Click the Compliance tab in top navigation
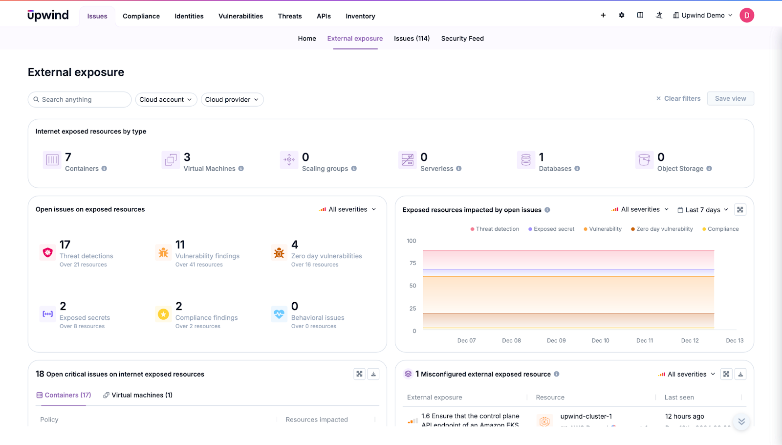click(x=141, y=16)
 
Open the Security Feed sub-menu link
click(x=462, y=39)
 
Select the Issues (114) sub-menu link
click(x=412, y=39)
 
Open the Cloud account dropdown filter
click(x=166, y=100)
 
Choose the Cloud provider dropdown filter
click(x=232, y=100)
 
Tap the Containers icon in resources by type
click(x=52, y=160)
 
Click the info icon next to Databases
click(x=577, y=169)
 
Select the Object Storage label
click(x=680, y=169)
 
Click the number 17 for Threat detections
click(x=65, y=245)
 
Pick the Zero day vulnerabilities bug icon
click(x=279, y=253)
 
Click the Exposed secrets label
click(x=85, y=318)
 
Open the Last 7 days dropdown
click(x=703, y=210)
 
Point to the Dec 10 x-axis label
click(x=600, y=341)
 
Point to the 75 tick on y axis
click(x=413, y=263)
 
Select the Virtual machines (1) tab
click(x=138, y=395)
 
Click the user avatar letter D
click(x=746, y=16)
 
